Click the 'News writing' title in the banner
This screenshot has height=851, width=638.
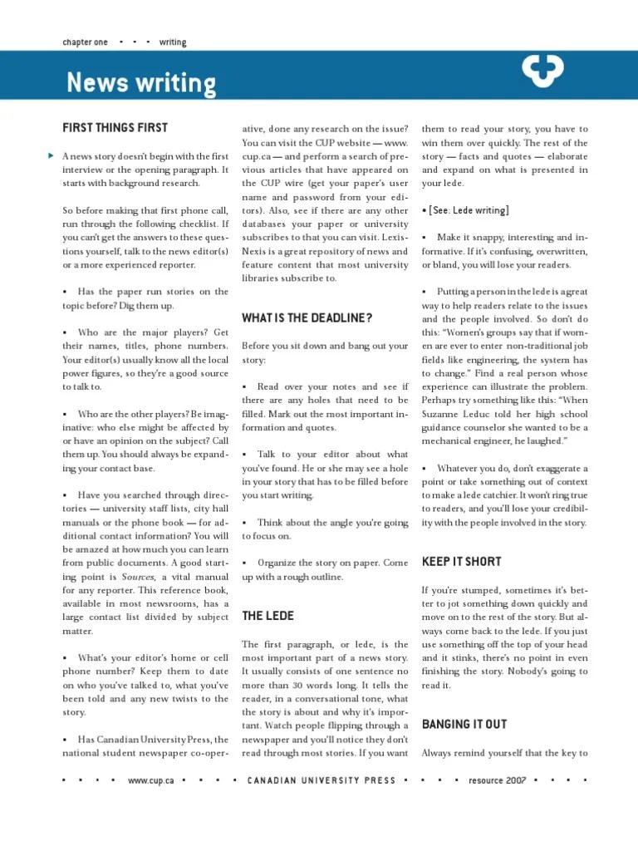[x=140, y=83]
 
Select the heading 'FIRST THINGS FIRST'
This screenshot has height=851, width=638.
[x=115, y=128]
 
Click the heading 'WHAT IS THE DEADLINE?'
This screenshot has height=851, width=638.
[x=307, y=318]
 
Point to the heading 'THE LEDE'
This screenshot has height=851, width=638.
[x=267, y=616]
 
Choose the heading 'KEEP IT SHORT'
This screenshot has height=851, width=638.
[x=461, y=562]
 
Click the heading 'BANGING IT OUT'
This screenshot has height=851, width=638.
[x=464, y=725]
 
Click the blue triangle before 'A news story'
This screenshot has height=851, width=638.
[x=52, y=155]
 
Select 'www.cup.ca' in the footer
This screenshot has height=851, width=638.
[x=151, y=780]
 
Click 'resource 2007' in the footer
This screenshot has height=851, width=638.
[x=498, y=780]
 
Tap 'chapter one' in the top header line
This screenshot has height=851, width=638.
[x=85, y=42]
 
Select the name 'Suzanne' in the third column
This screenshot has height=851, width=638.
[x=444, y=414]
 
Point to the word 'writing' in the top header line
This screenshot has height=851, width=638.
[x=173, y=42]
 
